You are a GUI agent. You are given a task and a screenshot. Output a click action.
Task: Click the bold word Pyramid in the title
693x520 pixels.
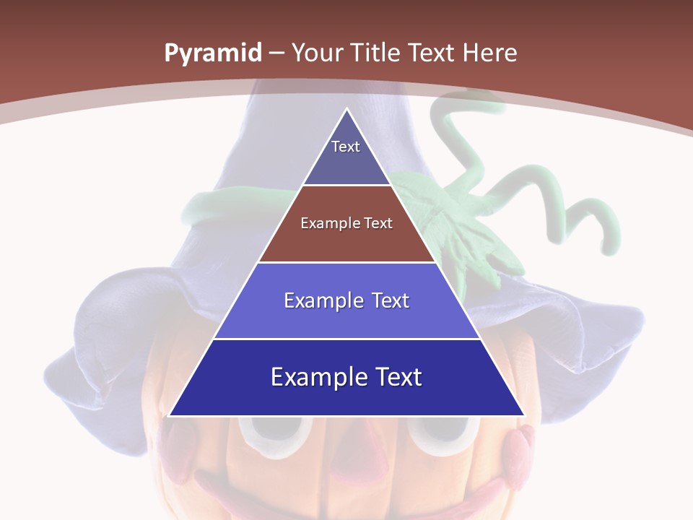[213, 53]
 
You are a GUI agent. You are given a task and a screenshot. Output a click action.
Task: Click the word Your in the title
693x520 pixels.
[318, 53]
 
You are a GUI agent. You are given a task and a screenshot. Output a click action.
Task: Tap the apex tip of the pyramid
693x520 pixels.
[346, 110]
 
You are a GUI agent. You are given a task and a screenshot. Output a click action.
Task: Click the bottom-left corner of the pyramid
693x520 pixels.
[170, 415]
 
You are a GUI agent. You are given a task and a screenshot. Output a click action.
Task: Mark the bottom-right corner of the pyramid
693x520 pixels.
[523, 415]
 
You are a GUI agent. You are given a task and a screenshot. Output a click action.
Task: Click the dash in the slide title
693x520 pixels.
[276, 53]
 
